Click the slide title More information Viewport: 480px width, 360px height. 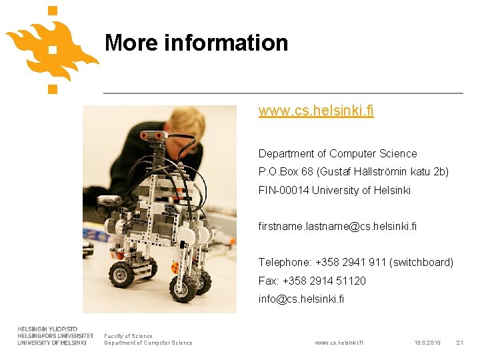tap(196, 43)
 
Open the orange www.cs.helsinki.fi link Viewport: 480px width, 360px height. tap(316, 111)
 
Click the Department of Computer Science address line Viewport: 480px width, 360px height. tap(337, 153)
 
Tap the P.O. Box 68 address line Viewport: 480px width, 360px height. tap(353, 172)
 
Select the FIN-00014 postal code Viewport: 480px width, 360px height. tap(279, 191)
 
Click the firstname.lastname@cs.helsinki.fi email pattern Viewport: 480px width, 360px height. tap(337, 227)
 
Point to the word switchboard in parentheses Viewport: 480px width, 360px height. tap(422, 263)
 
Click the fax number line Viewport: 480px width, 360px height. tap(312, 281)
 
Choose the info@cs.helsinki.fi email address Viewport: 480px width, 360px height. tap(301, 299)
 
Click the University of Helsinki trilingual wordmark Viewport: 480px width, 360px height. tap(52, 336)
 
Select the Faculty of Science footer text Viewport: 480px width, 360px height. tap(128, 336)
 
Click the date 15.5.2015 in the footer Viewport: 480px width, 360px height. tap(427, 343)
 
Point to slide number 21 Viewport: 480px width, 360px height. tap(459, 343)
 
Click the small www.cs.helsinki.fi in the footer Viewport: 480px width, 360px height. tap(339, 343)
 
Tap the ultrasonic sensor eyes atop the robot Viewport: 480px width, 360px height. tap(154, 136)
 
